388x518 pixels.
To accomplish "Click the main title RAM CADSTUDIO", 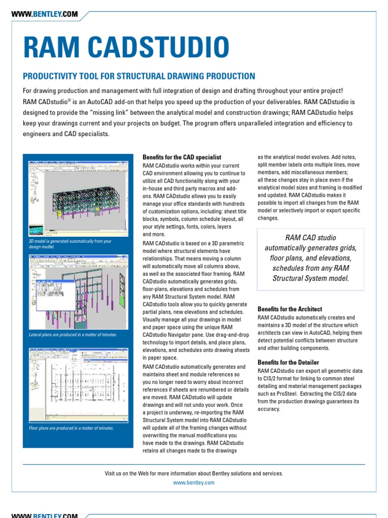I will coord(126,48).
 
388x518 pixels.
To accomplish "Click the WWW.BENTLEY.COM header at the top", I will coord(44,15).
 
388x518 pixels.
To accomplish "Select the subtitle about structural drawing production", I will coord(139,76).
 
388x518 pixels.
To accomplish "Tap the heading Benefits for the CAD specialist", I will coord(182,157).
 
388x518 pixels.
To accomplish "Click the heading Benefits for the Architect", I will coord(289,309).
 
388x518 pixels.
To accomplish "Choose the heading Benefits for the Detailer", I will coord(288,362).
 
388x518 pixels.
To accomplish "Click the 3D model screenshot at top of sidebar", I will coord(78,198).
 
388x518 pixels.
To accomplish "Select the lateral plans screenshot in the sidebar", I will coord(78,291).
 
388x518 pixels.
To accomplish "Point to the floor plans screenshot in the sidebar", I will coord(78,384).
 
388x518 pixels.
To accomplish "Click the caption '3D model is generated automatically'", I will coord(70,244).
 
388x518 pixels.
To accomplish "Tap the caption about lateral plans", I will coord(73,335).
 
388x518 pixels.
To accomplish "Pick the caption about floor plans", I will coord(71,428).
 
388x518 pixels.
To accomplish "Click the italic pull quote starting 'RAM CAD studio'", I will coord(310,258).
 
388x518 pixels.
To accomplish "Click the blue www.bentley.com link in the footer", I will coord(193,483).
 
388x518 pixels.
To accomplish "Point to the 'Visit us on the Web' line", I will coord(193,473).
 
